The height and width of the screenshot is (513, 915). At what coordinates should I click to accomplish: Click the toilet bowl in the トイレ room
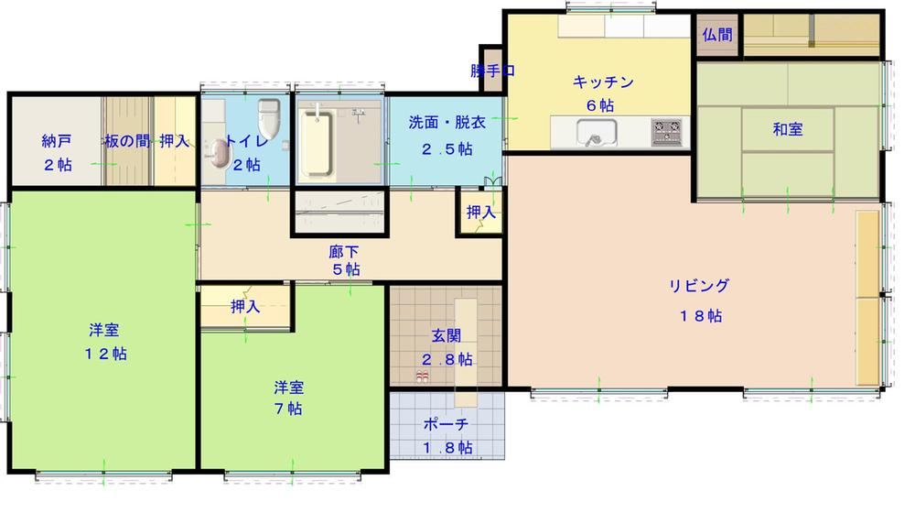(x=268, y=117)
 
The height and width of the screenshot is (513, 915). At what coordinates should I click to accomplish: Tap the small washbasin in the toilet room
(x=219, y=153)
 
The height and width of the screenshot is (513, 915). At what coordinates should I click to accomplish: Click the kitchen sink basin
(x=597, y=133)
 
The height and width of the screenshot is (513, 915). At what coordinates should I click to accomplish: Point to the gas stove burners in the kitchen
(x=666, y=132)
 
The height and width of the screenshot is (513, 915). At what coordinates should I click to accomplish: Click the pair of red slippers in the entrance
(x=423, y=377)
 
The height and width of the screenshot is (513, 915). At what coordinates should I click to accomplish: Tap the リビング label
(x=699, y=286)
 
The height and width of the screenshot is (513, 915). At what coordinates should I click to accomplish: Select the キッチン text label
(x=603, y=82)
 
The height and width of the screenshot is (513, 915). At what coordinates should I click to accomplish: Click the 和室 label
(x=787, y=129)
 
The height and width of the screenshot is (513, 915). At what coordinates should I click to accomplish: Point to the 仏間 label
(x=717, y=35)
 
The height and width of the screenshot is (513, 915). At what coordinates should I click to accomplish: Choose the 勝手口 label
(x=493, y=71)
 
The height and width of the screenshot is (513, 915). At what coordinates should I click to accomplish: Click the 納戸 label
(x=57, y=141)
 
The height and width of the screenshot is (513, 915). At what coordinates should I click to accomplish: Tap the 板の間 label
(x=126, y=141)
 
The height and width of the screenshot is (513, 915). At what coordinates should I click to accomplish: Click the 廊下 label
(x=344, y=253)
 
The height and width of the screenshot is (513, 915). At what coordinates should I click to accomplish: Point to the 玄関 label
(x=447, y=335)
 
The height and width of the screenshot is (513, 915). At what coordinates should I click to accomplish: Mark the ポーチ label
(x=447, y=424)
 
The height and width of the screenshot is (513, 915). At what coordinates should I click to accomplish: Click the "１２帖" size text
(x=105, y=354)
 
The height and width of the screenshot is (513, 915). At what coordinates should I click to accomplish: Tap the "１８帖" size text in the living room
(x=700, y=316)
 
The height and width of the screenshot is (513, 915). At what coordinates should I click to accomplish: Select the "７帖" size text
(x=288, y=409)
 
